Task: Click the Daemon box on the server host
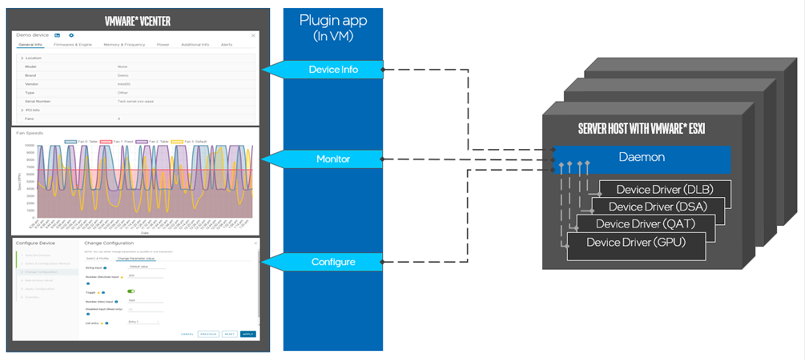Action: [x=641, y=157]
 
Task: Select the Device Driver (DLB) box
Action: [x=664, y=189]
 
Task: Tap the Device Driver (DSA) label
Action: [x=658, y=207]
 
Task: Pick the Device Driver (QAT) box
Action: [x=645, y=224]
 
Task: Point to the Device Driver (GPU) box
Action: [x=636, y=243]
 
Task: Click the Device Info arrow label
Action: [x=333, y=70]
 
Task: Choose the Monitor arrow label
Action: [x=333, y=159]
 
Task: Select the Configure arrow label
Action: [x=333, y=262]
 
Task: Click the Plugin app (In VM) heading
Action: [x=333, y=28]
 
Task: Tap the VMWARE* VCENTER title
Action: [x=137, y=21]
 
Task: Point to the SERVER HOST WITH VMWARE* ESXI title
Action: [x=641, y=129]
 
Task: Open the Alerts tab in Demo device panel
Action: [x=227, y=45]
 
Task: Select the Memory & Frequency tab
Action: [x=124, y=45]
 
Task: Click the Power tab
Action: [x=163, y=45]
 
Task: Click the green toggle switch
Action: [x=131, y=291]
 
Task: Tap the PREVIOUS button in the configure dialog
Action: [x=208, y=334]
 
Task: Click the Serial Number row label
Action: [x=38, y=101]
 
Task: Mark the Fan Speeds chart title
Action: [x=30, y=133]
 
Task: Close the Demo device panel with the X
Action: [x=253, y=35]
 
